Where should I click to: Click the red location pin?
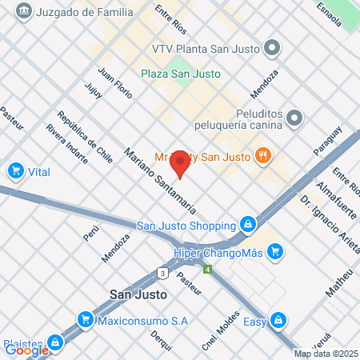pyautogui.click(x=181, y=163)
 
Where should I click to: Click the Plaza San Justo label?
pyautogui.click(x=181, y=74)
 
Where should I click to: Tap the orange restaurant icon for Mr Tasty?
pyautogui.click(x=262, y=154)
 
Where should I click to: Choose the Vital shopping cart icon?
pyautogui.click(x=14, y=170)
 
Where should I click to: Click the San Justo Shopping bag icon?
pyautogui.click(x=249, y=225)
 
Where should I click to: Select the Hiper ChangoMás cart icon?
pyautogui.click(x=275, y=253)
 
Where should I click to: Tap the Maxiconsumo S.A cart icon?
pyautogui.click(x=84, y=320)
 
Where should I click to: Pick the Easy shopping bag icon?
pyautogui.click(x=278, y=320)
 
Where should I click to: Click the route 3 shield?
pyautogui.click(x=163, y=273)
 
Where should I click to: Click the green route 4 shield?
pyautogui.click(x=207, y=269)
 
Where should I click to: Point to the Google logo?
pyautogui.click(x=26, y=350)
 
